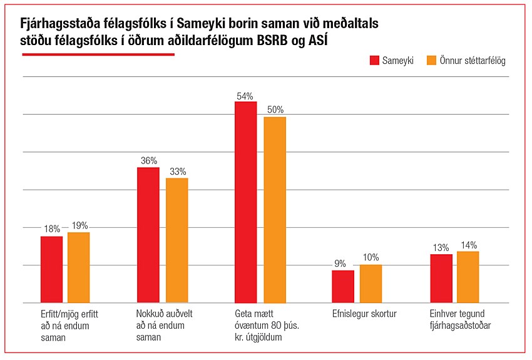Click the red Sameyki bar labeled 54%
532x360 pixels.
point(245,202)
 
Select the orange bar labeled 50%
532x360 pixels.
point(274,210)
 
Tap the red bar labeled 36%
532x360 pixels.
point(148,235)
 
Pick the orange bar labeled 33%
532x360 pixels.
point(176,240)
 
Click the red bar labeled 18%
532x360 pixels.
point(51,269)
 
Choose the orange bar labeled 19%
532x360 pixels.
point(79,267)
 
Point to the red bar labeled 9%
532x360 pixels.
point(343,286)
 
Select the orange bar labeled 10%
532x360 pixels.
point(371,284)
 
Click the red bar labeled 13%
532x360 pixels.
point(441,278)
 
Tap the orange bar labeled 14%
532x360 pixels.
point(468,277)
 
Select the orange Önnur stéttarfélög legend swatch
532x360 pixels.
point(431,60)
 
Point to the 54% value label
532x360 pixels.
point(245,96)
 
